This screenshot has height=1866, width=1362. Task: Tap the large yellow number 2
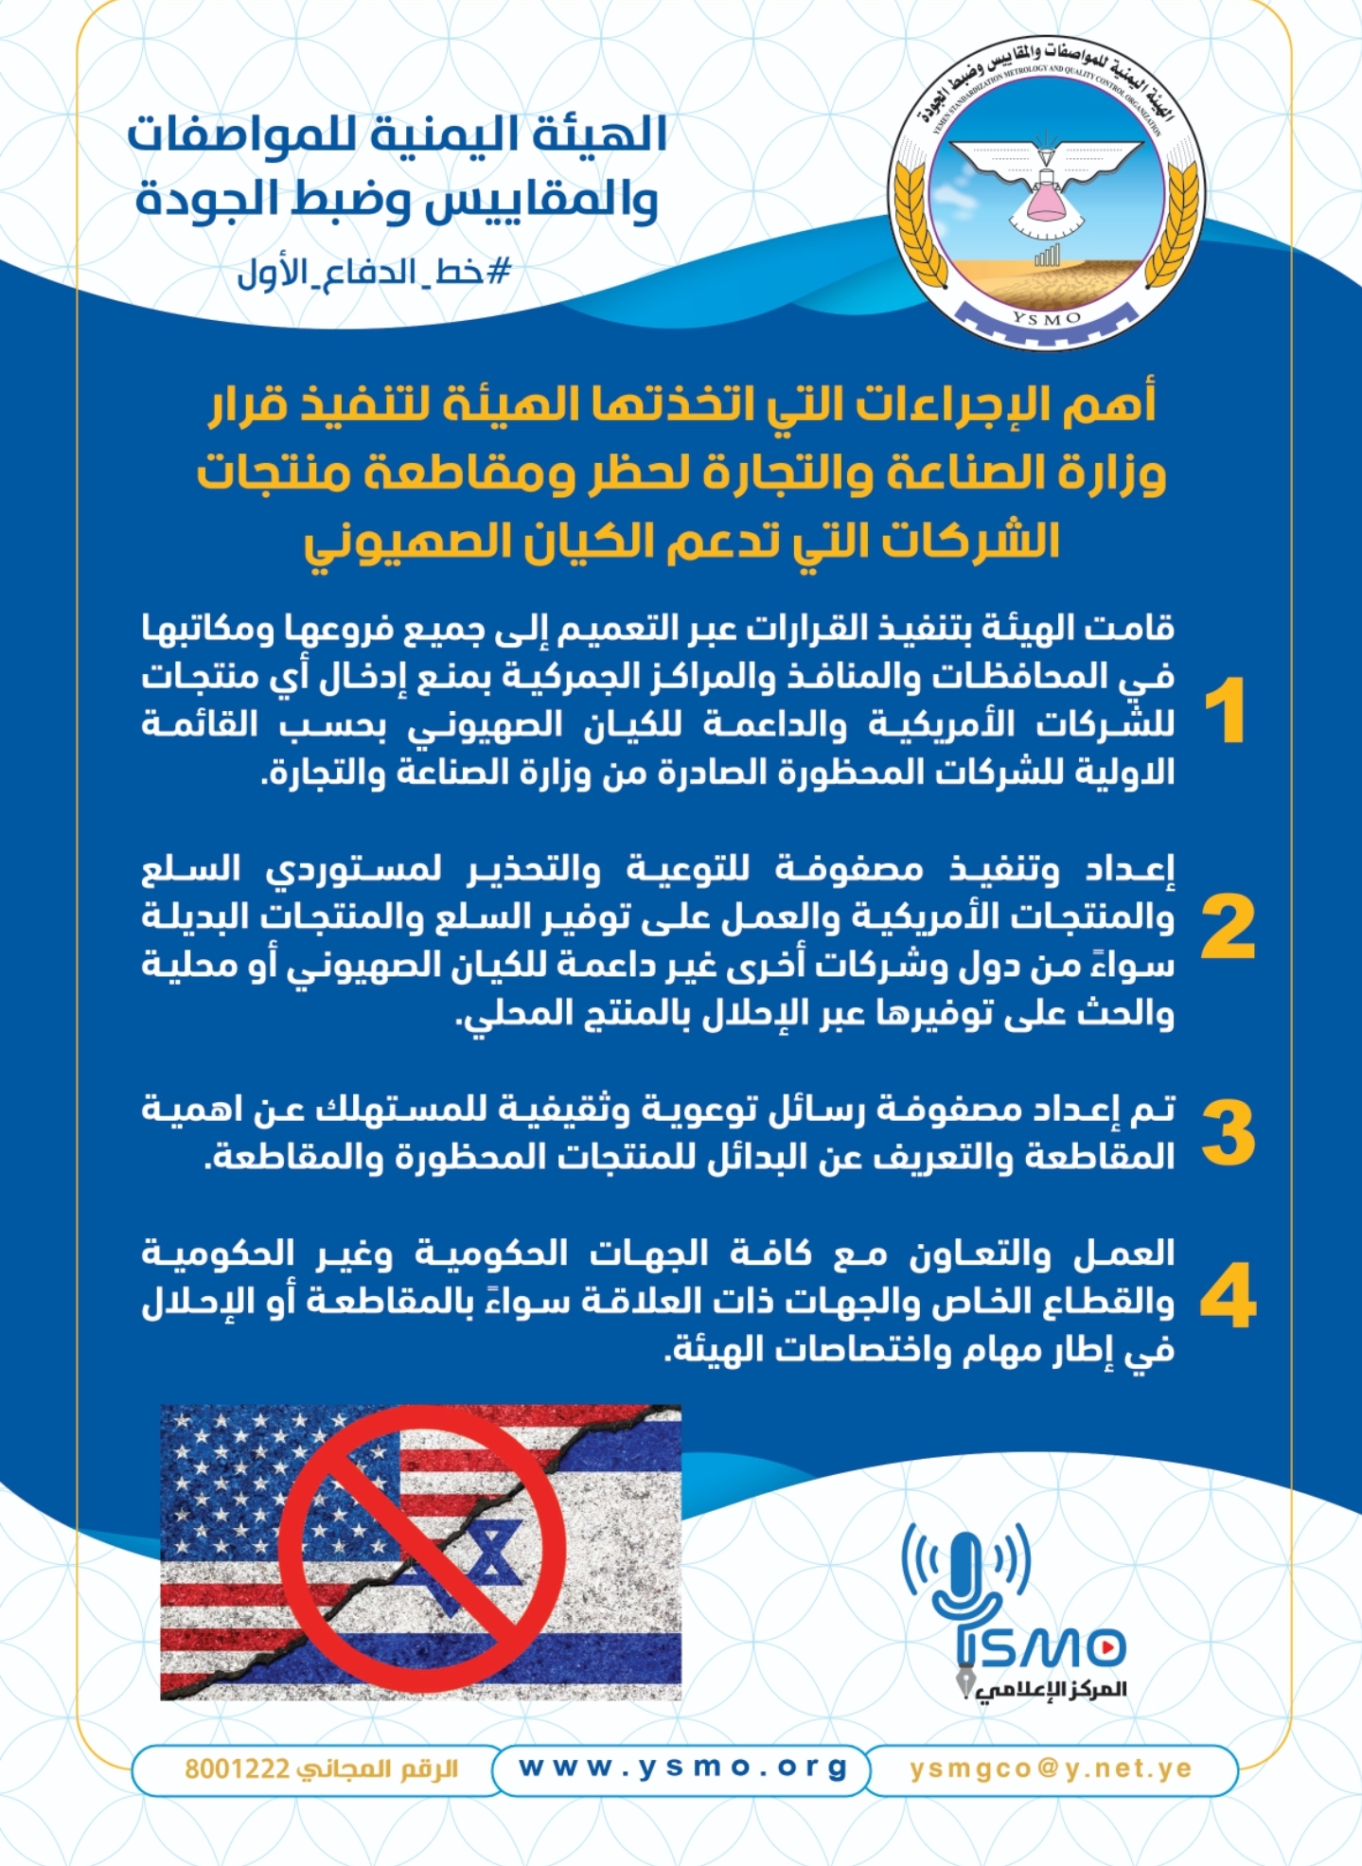click(1228, 929)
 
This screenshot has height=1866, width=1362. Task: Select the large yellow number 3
click(1228, 1133)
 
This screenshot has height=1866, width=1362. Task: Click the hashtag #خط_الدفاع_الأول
click(374, 273)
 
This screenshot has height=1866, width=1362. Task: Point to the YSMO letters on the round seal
click(1047, 318)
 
